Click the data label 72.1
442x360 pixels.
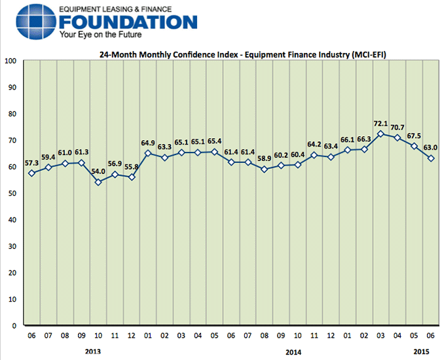tap(380, 124)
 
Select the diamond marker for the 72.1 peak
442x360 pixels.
tap(380, 134)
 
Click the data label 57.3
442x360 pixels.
tap(31, 162)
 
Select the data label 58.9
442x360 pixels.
tap(264, 158)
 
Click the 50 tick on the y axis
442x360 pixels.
tap(12, 193)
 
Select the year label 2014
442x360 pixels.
tap(295, 351)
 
